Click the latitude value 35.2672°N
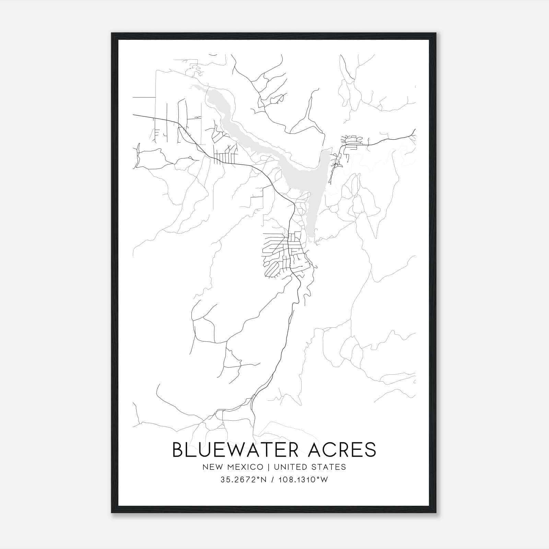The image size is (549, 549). point(244,480)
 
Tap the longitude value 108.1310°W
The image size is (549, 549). point(303,480)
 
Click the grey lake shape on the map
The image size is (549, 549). point(302,178)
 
